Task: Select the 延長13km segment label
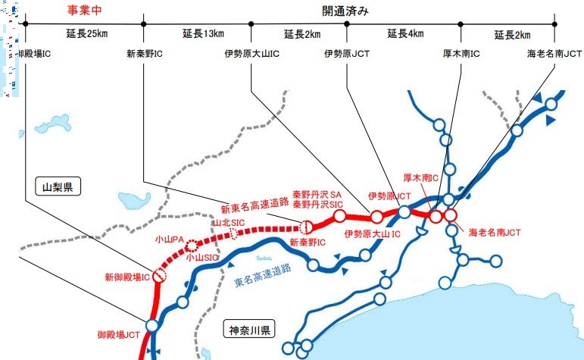(203, 33)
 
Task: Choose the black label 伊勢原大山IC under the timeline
(251, 54)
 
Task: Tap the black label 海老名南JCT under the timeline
(554, 54)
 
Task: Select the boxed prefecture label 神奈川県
(249, 330)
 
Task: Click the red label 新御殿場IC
(126, 278)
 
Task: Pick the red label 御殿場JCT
(117, 333)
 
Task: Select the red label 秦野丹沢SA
(318, 193)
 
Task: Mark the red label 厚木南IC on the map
(422, 177)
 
